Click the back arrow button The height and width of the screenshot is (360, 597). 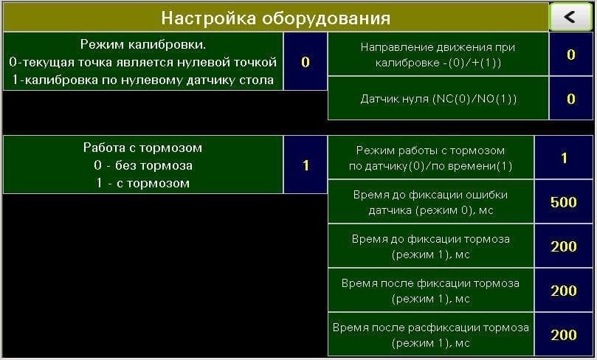click(x=570, y=17)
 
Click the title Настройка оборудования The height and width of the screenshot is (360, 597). click(x=276, y=18)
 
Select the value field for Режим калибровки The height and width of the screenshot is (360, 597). click(x=306, y=62)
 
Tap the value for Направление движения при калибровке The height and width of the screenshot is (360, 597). click(x=570, y=55)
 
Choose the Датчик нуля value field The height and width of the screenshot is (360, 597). click(x=570, y=99)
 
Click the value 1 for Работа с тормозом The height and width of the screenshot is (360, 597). click(x=306, y=165)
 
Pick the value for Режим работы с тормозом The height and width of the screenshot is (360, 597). click(x=564, y=158)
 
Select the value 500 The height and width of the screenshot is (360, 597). click(x=564, y=202)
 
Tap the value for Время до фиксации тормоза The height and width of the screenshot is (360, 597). click(x=564, y=246)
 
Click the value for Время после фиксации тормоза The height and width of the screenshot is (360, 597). click(x=564, y=291)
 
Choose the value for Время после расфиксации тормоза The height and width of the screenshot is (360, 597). click(x=564, y=335)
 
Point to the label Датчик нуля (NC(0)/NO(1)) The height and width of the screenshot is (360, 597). click(x=438, y=99)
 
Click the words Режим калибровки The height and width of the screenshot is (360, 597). click(x=142, y=44)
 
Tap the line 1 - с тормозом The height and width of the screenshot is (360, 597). click(x=142, y=183)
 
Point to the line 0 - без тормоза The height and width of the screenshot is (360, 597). click(x=142, y=165)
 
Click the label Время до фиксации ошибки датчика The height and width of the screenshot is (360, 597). click(x=431, y=202)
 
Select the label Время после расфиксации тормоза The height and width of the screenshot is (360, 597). click(x=431, y=335)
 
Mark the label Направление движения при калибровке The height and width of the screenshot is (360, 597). click(x=438, y=55)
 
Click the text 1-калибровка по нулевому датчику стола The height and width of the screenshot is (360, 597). click(x=142, y=80)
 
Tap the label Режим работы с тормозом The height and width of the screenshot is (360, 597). click(x=431, y=158)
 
